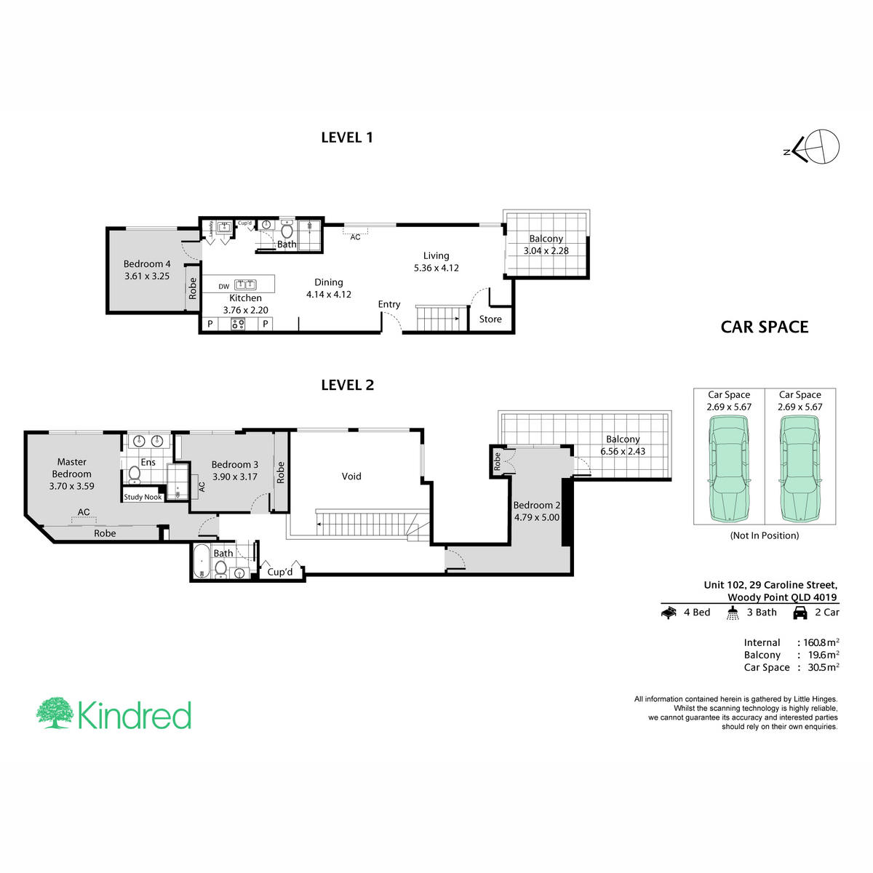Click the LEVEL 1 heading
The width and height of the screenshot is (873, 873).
(346, 137)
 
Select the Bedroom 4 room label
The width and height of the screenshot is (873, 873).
(147, 263)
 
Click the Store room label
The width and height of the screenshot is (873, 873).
(490, 319)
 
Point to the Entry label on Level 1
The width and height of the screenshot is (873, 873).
(389, 304)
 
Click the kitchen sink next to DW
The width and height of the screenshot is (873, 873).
(245, 285)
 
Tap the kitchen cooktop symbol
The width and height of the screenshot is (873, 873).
(238, 324)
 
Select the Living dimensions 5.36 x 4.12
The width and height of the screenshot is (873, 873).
(436, 268)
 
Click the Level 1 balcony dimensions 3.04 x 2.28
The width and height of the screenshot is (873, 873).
(546, 250)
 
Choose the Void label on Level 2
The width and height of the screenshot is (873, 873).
(351, 476)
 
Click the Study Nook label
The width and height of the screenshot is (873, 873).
(143, 497)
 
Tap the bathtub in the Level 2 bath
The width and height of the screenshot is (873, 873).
(202, 562)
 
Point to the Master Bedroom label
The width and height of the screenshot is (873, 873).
(71, 468)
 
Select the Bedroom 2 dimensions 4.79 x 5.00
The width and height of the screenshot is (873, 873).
(537, 517)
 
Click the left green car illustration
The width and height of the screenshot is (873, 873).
(728, 469)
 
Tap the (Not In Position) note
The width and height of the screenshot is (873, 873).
(765, 535)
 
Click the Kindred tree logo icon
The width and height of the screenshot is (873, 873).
(55, 713)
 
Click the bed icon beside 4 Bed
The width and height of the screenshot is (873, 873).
(669, 613)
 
